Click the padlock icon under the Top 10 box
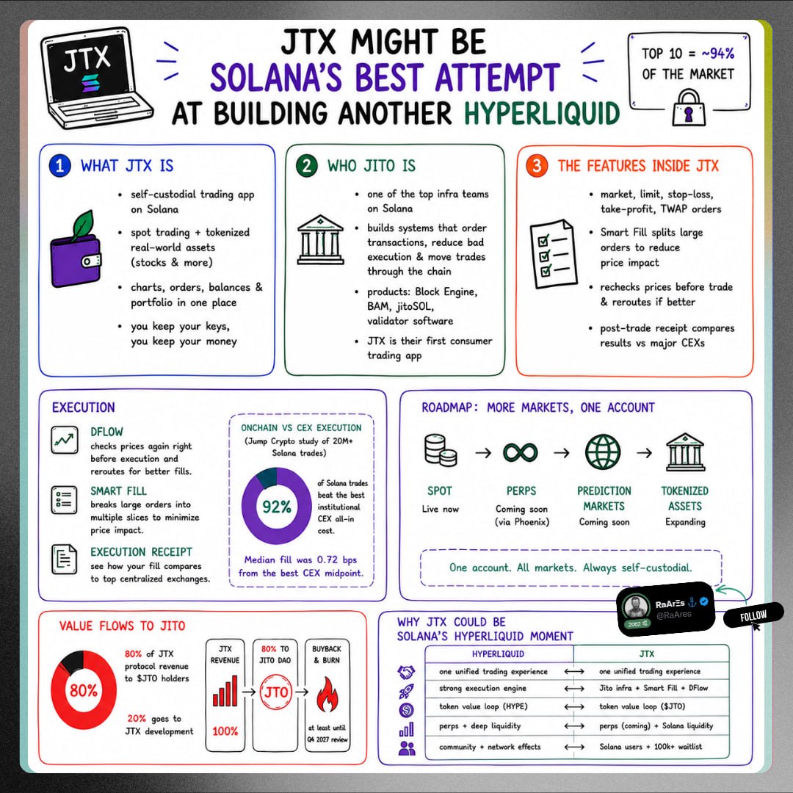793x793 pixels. [x=688, y=108]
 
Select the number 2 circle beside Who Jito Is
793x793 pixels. [x=306, y=166]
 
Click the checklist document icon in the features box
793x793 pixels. [x=554, y=253]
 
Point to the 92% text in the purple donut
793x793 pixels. [x=277, y=506]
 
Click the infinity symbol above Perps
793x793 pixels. [x=521, y=452]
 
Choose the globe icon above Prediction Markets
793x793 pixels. [x=603, y=452]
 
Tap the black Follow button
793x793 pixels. [x=753, y=615]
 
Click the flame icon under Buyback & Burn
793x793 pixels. [x=327, y=694]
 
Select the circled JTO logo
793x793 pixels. [x=276, y=692]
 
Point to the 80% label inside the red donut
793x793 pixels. [x=84, y=690]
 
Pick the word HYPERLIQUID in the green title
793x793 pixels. [x=542, y=112]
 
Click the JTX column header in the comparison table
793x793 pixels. [x=646, y=654]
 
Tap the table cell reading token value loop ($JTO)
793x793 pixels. [x=642, y=706]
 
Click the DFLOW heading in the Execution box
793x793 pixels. [x=106, y=432]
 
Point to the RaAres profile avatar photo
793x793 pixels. [x=636, y=606]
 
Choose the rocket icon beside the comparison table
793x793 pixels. [x=407, y=692]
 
